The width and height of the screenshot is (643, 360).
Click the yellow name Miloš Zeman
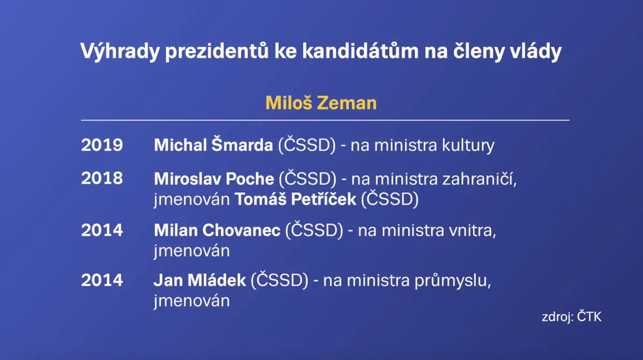point(321,103)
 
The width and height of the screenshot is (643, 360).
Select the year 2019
point(102,145)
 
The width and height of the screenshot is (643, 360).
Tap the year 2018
point(102,178)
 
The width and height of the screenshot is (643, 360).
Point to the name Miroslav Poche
point(214,179)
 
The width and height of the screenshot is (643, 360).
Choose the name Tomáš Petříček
point(295,198)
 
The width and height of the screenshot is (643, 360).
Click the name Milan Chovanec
point(218,230)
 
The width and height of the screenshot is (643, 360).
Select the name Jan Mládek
point(200,280)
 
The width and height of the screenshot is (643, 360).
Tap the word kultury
point(468,146)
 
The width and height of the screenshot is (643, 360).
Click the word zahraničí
point(480,178)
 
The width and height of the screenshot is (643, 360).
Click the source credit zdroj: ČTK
point(572,317)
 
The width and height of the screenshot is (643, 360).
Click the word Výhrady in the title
point(120,51)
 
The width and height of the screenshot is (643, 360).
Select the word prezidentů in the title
point(217,51)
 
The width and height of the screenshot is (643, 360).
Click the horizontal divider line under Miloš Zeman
point(325,121)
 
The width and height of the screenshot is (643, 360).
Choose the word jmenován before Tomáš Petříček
point(192,199)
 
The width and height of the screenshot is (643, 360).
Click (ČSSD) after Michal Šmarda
point(307,145)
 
